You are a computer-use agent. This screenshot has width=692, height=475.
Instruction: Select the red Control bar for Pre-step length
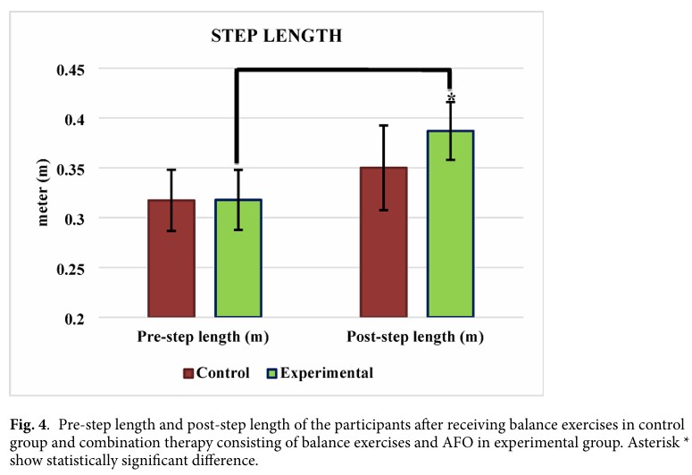[x=171, y=258]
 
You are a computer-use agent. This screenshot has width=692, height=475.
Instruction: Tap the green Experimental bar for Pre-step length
[x=238, y=258]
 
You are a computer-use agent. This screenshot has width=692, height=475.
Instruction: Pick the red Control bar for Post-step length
[x=383, y=242]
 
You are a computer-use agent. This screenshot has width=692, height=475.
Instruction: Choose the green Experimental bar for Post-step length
[x=450, y=224]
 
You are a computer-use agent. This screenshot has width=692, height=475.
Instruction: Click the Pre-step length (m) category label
[x=204, y=337]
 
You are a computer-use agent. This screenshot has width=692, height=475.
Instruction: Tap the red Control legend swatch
[x=188, y=373]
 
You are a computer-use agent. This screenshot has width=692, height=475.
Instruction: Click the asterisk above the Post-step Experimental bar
[x=451, y=98]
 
